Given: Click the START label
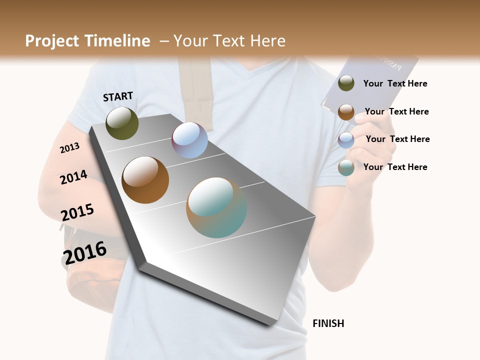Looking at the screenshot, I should (118, 96).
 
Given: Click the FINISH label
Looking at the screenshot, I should (328, 323).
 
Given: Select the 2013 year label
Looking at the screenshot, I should (69, 148).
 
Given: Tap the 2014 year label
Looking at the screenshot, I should (73, 177).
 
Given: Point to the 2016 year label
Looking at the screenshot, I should (84, 253).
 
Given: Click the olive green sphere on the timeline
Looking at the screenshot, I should (122, 123).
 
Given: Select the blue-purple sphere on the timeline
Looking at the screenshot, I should (189, 140).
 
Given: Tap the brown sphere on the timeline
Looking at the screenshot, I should (145, 179).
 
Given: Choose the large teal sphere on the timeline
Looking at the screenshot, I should (216, 207).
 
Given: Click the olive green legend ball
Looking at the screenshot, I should (346, 83).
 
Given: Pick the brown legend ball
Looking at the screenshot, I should (346, 111).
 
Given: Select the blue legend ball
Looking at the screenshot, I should (346, 139).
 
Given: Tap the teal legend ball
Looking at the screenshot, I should (346, 167).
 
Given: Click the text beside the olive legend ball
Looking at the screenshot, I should (395, 83).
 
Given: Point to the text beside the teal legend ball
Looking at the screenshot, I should (395, 167).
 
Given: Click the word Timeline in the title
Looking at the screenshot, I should (117, 41).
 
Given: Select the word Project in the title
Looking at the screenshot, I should (52, 41).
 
